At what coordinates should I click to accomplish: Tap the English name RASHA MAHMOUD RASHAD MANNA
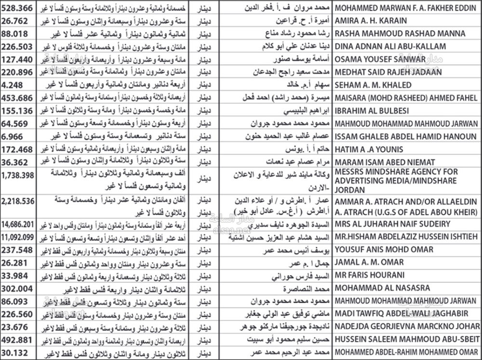tap(400, 34)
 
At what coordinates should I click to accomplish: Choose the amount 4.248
tap(13, 85)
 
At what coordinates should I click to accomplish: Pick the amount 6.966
tap(13, 136)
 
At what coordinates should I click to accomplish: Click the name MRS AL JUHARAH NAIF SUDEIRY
tap(392, 224)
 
